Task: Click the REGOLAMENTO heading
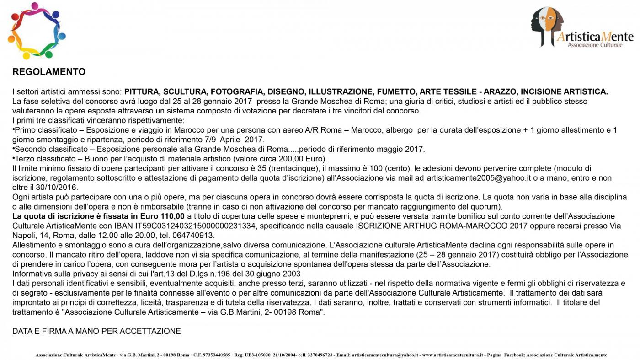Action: tap(49, 72)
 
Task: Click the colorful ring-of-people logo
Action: tap(37, 31)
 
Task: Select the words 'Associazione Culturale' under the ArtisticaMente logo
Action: tap(595, 45)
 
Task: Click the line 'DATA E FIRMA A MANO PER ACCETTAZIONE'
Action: tap(96, 331)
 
